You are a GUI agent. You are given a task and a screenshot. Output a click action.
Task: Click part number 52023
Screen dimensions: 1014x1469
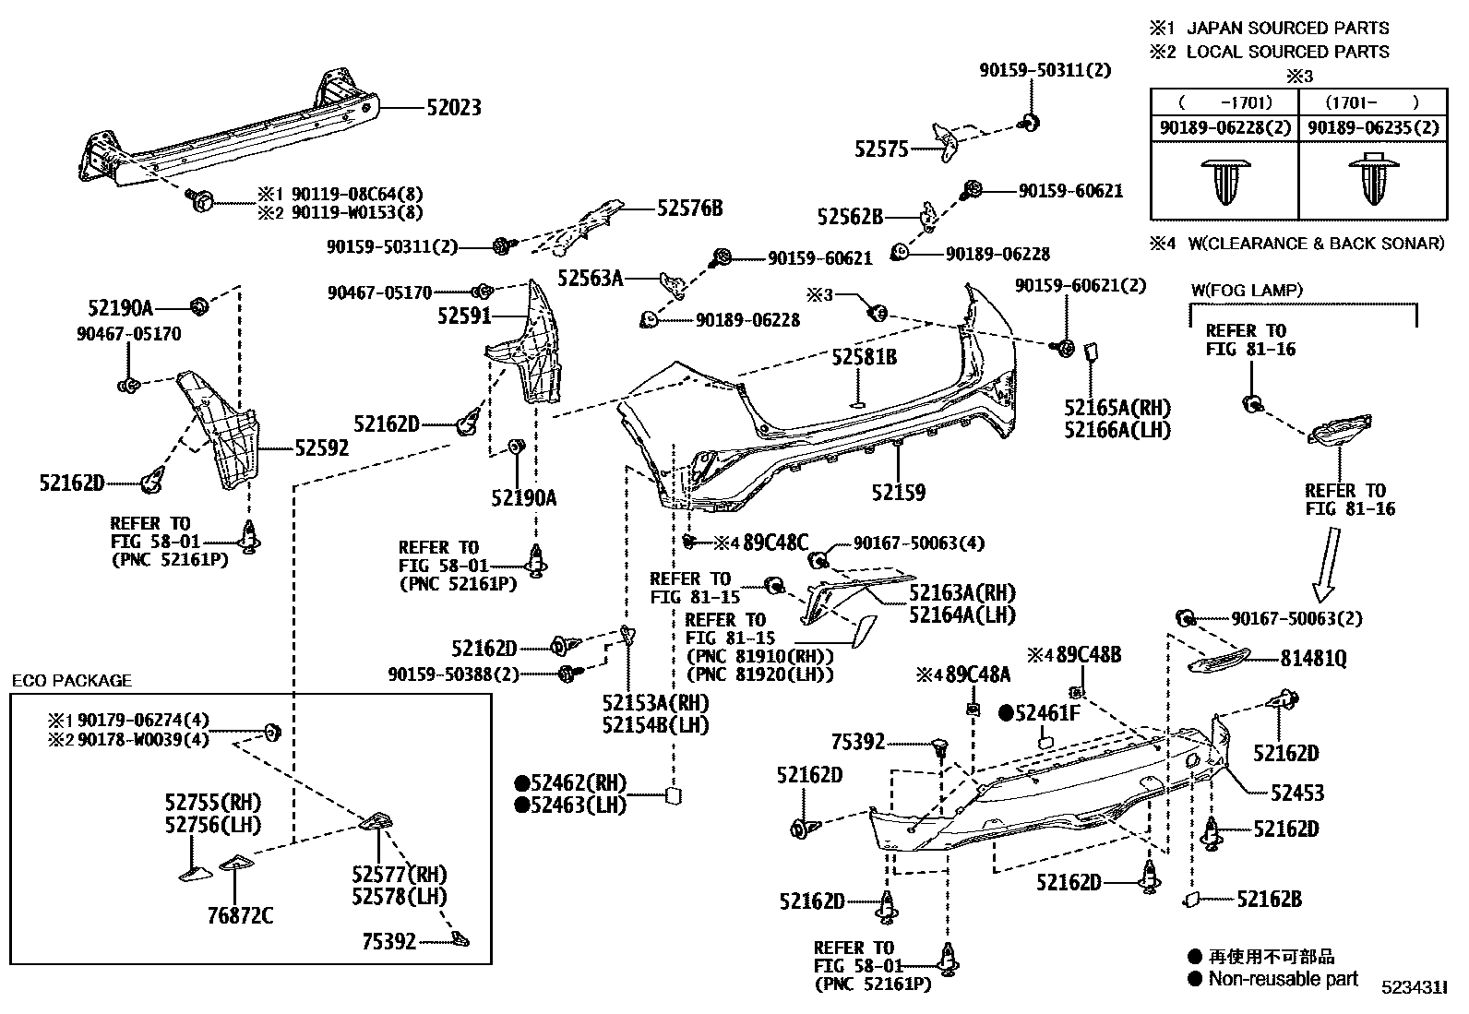click(x=453, y=107)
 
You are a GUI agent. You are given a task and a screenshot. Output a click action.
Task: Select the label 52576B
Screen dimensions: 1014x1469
click(x=689, y=209)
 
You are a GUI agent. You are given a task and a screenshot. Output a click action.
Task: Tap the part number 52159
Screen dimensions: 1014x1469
click(x=898, y=492)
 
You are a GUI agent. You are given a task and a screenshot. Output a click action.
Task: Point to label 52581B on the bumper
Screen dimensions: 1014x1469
click(x=864, y=357)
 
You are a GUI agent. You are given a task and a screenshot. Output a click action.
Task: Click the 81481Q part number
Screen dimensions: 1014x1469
click(x=1313, y=658)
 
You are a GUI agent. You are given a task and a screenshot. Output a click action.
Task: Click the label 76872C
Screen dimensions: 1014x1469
click(x=240, y=915)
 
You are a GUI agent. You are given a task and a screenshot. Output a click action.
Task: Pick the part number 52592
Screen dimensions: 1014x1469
click(x=322, y=448)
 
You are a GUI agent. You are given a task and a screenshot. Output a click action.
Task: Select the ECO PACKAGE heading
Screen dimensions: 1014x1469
click(x=71, y=681)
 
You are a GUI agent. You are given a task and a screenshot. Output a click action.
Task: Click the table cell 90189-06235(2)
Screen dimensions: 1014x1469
click(x=1373, y=128)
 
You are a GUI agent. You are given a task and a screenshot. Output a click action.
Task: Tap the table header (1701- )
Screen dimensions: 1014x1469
click(x=1371, y=102)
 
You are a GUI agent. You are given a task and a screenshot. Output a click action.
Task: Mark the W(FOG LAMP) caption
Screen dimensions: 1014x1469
click(x=1246, y=291)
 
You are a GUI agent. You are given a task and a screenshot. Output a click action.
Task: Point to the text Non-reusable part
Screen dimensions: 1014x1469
click(x=1283, y=979)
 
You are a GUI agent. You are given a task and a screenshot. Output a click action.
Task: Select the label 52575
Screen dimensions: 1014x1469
click(x=881, y=149)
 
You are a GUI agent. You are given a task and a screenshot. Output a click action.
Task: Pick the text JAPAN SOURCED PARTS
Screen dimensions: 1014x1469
click(x=1287, y=29)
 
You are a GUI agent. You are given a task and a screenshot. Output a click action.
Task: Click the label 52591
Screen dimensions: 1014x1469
click(x=464, y=316)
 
